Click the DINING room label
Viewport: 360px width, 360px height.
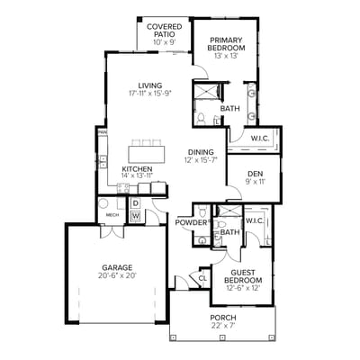[x=202, y=152]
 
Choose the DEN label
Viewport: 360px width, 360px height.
[x=255, y=173]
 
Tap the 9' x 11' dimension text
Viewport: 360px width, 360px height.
[x=255, y=181]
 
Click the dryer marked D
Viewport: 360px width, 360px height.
[x=135, y=203]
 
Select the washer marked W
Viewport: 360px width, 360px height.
[x=135, y=215]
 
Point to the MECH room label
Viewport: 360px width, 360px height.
[x=112, y=215]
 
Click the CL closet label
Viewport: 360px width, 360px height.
[x=202, y=278]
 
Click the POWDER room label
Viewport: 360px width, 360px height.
[x=191, y=222]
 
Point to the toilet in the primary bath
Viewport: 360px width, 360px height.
[x=202, y=120]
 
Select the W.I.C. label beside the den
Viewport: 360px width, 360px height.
[x=261, y=138]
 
